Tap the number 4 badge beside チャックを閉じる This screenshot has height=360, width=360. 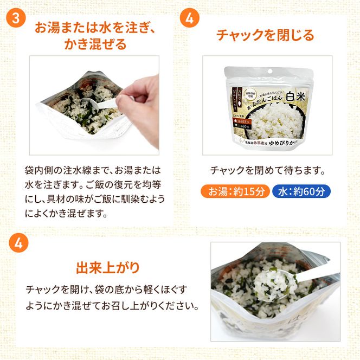click(189, 17)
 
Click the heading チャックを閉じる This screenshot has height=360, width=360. click(265, 36)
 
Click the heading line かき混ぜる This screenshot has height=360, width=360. click(95, 44)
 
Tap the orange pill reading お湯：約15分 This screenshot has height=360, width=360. click(234, 191)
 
